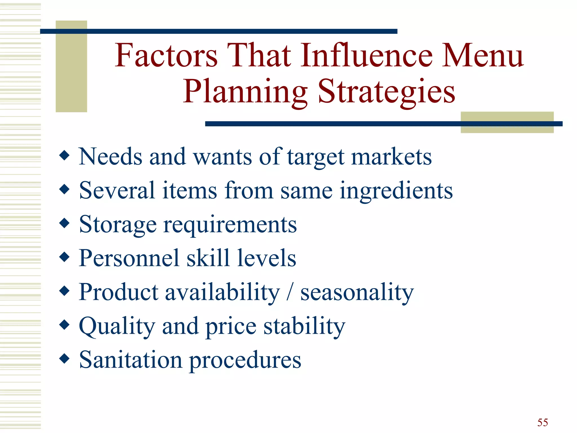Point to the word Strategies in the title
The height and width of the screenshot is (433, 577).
click(386, 92)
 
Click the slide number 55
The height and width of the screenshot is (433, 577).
click(542, 422)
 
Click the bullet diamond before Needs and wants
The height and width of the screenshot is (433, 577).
click(65, 155)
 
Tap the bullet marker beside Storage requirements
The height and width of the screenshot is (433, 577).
click(65, 223)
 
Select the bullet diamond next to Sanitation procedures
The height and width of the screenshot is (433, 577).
click(65, 358)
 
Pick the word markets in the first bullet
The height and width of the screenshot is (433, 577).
click(391, 157)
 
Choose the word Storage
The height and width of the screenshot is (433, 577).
click(118, 225)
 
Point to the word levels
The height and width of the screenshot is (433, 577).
click(267, 258)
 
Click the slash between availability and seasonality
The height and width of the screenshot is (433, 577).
click(290, 292)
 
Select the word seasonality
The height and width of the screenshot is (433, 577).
click(357, 293)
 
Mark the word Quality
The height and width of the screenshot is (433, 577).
click(117, 326)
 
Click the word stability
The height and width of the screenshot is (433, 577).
click(304, 326)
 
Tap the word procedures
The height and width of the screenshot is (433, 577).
click(245, 360)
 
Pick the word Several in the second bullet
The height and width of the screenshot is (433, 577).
click(117, 191)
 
